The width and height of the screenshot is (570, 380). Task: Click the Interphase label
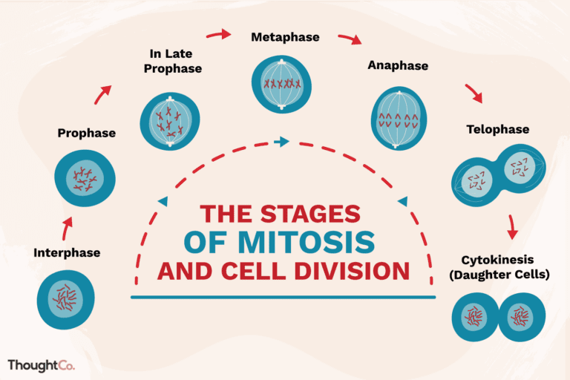point(67,253)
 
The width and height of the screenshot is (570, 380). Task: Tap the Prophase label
point(87,134)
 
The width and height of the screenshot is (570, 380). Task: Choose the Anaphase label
point(398,66)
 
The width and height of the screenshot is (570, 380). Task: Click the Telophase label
point(497,129)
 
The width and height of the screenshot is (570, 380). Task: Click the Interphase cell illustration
point(66,300)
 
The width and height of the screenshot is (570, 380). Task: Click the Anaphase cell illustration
point(399,117)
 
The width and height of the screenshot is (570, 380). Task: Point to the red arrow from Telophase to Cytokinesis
point(511,226)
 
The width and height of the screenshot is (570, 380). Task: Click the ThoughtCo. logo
point(41,365)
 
